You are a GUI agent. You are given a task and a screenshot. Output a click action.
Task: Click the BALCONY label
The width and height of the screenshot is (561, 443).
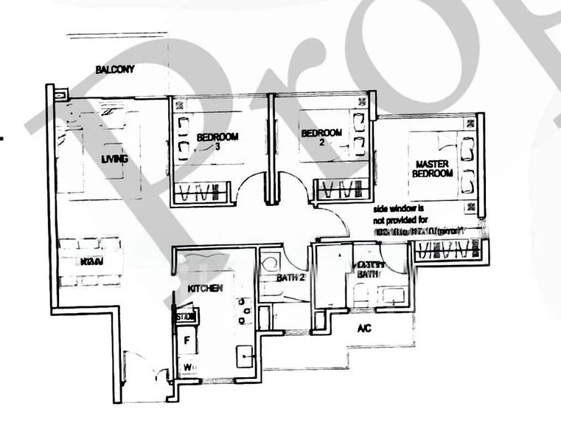tap(114, 70)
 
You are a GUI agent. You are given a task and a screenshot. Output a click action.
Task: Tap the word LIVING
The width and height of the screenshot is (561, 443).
tap(115, 159)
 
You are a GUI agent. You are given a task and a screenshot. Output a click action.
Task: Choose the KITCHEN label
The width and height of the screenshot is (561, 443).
tap(205, 289)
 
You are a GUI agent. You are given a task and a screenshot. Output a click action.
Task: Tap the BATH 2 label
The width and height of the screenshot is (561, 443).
tap(271, 278)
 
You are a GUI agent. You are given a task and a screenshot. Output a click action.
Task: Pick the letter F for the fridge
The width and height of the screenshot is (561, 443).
tap(187, 341)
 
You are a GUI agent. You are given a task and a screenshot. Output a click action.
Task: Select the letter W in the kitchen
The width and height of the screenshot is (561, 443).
tap(187, 366)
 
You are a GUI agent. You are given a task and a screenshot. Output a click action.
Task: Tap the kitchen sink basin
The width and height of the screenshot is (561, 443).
tap(244, 357)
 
